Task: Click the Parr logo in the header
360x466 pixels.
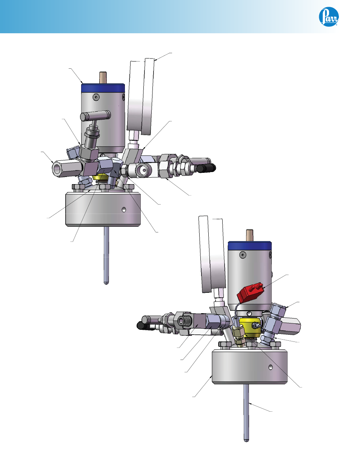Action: [329, 17]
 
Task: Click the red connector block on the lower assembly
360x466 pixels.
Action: [250, 292]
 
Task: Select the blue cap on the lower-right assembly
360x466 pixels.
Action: [250, 246]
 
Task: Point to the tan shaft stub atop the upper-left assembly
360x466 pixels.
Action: [103, 78]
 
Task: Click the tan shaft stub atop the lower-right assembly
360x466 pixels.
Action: [249, 235]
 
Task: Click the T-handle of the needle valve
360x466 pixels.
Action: [95, 115]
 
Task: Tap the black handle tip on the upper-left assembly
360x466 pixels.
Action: [206, 168]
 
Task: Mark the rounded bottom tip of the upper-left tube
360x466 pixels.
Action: [106, 283]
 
